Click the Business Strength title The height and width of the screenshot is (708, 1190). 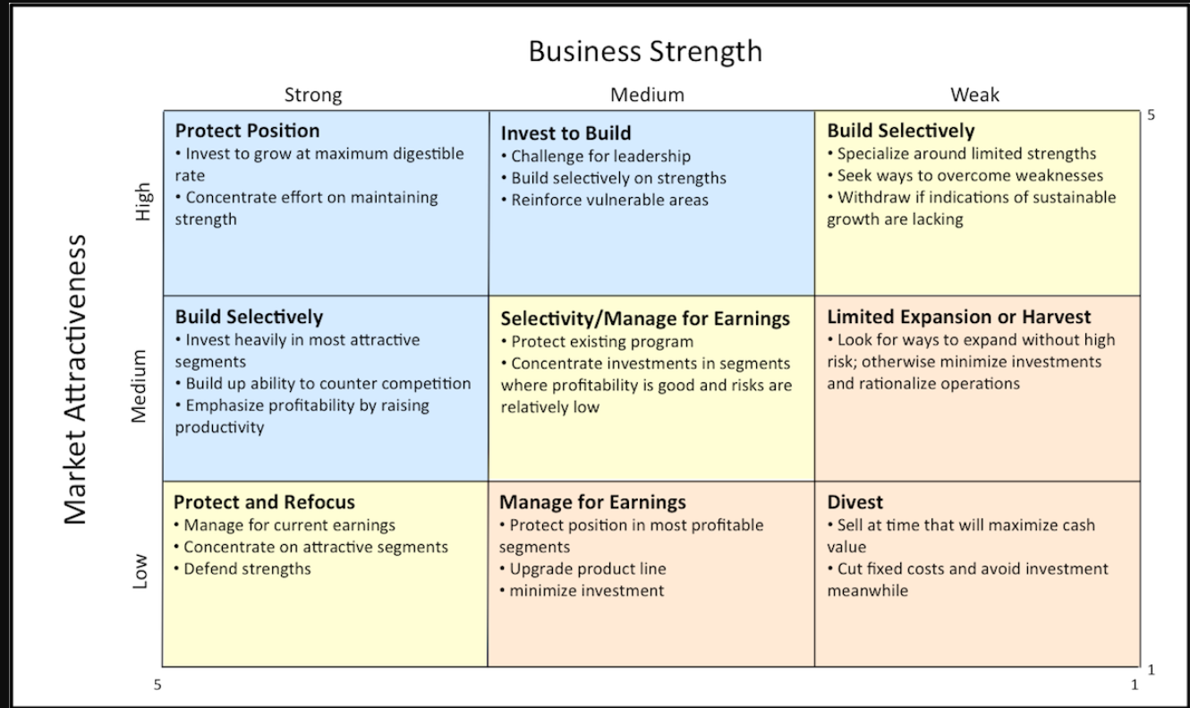(x=645, y=52)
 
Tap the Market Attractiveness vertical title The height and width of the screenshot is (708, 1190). (x=75, y=380)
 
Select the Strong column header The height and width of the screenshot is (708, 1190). (x=313, y=95)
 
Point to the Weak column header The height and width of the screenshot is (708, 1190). (x=975, y=95)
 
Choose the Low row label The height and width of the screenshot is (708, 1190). (x=140, y=571)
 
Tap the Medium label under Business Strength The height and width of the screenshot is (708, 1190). (x=647, y=95)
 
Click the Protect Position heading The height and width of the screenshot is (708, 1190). (x=247, y=131)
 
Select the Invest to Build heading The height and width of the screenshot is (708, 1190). (x=565, y=132)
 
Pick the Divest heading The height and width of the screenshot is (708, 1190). (x=854, y=502)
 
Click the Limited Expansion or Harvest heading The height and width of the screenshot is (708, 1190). (x=959, y=317)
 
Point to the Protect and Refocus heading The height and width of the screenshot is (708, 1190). (x=264, y=502)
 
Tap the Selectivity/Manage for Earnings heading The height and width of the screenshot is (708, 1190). (x=645, y=319)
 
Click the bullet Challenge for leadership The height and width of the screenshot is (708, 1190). (x=596, y=157)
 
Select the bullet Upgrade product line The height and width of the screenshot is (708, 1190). (x=582, y=568)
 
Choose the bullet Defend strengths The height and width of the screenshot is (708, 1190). (x=242, y=568)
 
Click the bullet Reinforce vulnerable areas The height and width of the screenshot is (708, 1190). (x=605, y=200)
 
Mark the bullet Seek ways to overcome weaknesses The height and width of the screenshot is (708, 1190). (x=965, y=175)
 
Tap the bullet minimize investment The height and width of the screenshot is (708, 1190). (x=582, y=591)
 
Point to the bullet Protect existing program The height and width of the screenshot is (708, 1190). (x=597, y=342)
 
